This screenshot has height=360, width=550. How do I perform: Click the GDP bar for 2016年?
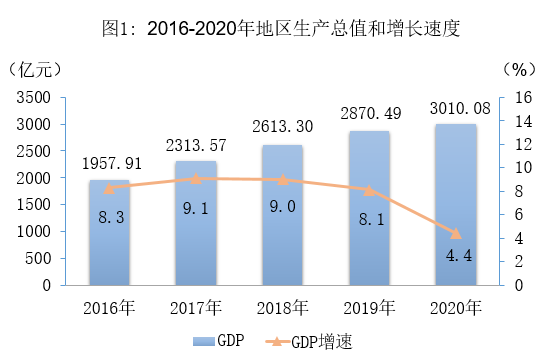[x=109, y=233]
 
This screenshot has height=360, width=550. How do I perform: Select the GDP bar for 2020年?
[x=456, y=205]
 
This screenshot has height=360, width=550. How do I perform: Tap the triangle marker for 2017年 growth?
[x=196, y=179]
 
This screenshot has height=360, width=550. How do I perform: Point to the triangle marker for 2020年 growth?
[x=456, y=233]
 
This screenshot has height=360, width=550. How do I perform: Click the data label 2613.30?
[x=282, y=127]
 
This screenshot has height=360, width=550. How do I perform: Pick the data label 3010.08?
[x=460, y=108]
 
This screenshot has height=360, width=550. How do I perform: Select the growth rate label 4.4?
[x=459, y=256]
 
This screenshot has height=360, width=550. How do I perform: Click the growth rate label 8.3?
[x=111, y=217]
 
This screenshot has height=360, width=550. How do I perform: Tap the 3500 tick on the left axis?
[x=34, y=98]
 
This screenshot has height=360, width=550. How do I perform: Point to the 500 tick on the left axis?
[x=38, y=259]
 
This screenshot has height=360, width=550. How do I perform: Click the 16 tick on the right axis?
[x=523, y=98]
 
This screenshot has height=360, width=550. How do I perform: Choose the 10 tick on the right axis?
[x=523, y=168]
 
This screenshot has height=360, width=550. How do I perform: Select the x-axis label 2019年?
[x=369, y=308]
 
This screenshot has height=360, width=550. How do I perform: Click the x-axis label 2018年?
[x=282, y=308]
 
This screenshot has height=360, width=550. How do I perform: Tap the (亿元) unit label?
[x=34, y=69]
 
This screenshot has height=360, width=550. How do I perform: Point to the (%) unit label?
[x=519, y=69]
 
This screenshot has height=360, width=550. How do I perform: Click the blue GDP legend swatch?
[x=204, y=341]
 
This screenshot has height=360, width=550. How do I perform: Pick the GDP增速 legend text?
[x=322, y=342]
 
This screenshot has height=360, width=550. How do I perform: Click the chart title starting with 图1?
[x=281, y=28]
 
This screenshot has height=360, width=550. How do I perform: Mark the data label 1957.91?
[x=112, y=164]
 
